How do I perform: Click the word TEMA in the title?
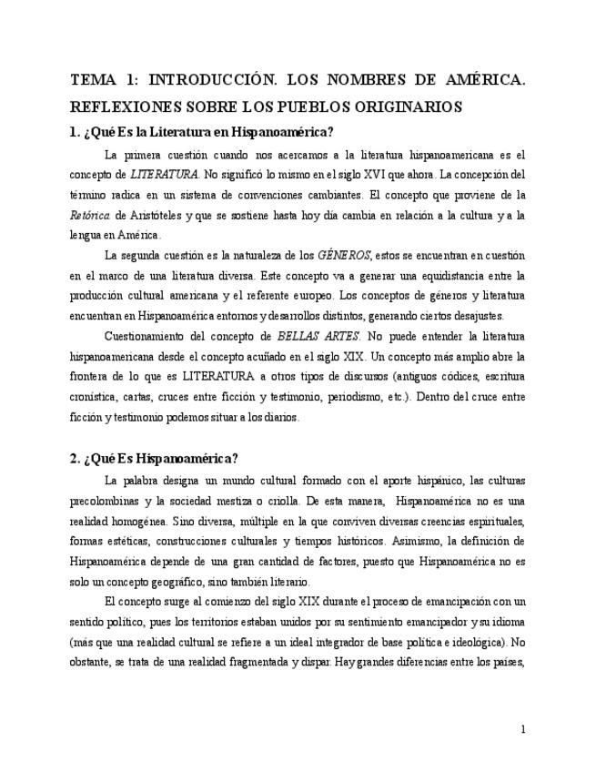(93, 80)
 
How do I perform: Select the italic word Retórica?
(88, 214)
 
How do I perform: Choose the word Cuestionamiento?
(148, 336)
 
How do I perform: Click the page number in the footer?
(522, 728)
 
